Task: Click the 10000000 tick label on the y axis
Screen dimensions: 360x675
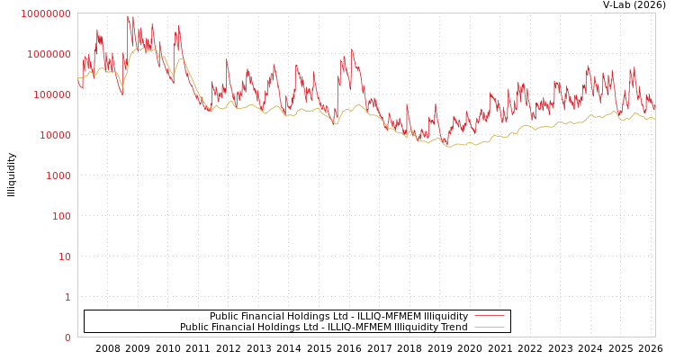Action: coord(45,13)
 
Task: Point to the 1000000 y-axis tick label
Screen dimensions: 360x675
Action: coord(48,54)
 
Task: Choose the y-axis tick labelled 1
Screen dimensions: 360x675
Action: coord(67,297)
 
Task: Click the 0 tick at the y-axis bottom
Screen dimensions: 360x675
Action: coord(67,337)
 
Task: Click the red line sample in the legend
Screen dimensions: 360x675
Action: coord(489,316)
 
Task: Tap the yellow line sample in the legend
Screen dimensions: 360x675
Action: coord(489,327)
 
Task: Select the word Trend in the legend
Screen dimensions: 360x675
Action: coord(454,328)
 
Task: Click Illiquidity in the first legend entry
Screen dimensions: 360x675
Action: coord(445,317)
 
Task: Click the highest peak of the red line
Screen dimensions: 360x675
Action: coord(128,15)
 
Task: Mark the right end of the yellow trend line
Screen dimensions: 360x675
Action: coord(654,119)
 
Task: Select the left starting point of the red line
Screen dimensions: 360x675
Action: coord(78,85)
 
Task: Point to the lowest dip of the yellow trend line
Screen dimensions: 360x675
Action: coord(450,146)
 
